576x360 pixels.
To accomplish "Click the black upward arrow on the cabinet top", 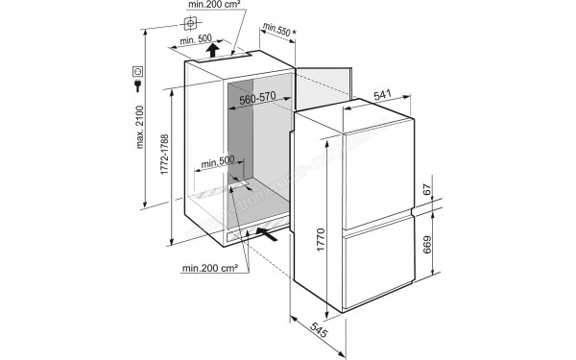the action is [x=215, y=48].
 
